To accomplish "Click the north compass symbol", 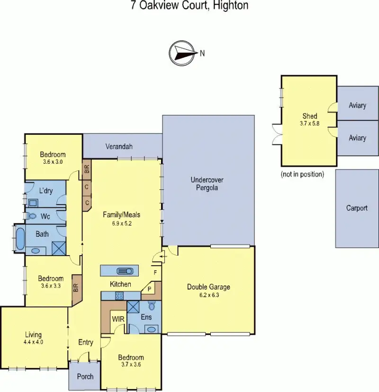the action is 182,53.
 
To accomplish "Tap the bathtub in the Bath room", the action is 20,238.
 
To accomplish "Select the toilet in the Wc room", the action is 31,215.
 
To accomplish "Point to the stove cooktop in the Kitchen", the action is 119,296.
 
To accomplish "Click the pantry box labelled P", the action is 149,289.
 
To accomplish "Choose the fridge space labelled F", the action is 155,273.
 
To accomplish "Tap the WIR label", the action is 118,319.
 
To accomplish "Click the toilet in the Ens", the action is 152,305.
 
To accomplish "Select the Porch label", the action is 85,376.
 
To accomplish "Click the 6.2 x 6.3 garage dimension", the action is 209,295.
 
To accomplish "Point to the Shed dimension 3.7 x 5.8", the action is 310,124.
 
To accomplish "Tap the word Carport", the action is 357,208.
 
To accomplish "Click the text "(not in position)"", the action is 302,174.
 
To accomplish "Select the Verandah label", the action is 119,146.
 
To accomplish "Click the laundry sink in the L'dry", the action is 33,203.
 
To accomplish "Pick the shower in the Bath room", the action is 59,248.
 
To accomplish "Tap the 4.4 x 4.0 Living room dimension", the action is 33,342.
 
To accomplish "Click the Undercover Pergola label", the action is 207,184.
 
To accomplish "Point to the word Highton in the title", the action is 231,6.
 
